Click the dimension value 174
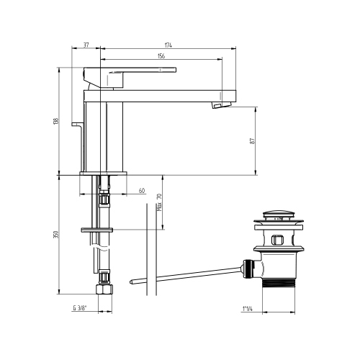(168, 45)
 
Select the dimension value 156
(160, 57)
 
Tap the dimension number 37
(86, 45)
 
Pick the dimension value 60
(141, 192)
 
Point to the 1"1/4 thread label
(250, 308)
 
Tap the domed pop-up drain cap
(276, 215)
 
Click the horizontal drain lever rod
(187, 275)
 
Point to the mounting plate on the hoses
(98, 230)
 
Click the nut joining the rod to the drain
(251, 269)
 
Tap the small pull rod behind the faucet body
(77, 127)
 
